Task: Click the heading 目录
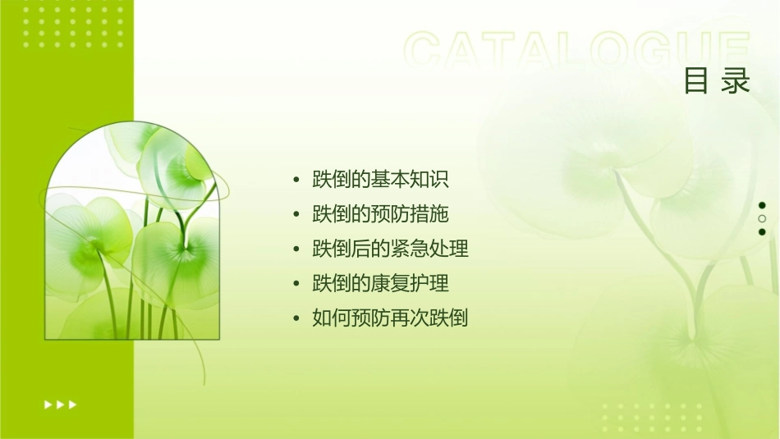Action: click(717, 81)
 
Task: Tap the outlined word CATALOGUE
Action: click(577, 51)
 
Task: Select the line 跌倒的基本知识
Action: click(380, 179)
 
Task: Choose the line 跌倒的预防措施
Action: click(380, 214)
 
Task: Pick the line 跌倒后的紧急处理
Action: click(390, 249)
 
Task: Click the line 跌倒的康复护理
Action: click(380, 284)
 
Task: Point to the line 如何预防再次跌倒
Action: click(390, 318)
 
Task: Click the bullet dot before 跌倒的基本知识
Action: click(296, 180)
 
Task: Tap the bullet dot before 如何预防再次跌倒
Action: click(296, 319)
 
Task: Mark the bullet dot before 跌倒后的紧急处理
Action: click(296, 249)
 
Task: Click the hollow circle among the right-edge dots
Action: click(762, 219)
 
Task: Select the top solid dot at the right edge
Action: click(762, 205)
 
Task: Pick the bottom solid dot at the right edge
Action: click(762, 232)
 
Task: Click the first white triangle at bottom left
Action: click(48, 404)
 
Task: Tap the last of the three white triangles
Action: click(73, 404)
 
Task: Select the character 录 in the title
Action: click(736, 81)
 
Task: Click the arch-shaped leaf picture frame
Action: click(131, 231)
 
